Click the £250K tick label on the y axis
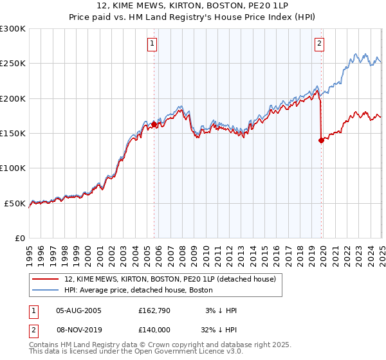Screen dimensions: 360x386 pyautogui.click(x=13, y=64)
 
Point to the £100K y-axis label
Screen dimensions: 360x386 pyautogui.click(x=13, y=168)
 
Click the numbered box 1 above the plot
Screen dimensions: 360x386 pyautogui.click(x=152, y=44)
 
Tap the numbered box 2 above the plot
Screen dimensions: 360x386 pyautogui.click(x=320, y=44)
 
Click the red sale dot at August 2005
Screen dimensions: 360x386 pyautogui.click(x=154, y=125)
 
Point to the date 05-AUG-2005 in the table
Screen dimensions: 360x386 pyautogui.click(x=79, y=310)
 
